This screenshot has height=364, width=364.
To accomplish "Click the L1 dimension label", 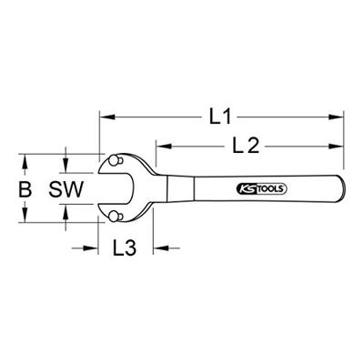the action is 220,116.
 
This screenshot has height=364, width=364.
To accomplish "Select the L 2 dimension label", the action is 246,147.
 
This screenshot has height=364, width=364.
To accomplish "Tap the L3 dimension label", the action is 125,248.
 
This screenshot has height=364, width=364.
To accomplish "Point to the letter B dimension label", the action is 25,189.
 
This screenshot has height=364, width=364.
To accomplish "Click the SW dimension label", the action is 66,189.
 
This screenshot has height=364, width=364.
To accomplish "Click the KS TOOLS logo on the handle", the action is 261,189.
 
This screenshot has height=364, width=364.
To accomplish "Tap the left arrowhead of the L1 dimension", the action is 107,116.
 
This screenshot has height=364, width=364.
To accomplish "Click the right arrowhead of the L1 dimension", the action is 336,116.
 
